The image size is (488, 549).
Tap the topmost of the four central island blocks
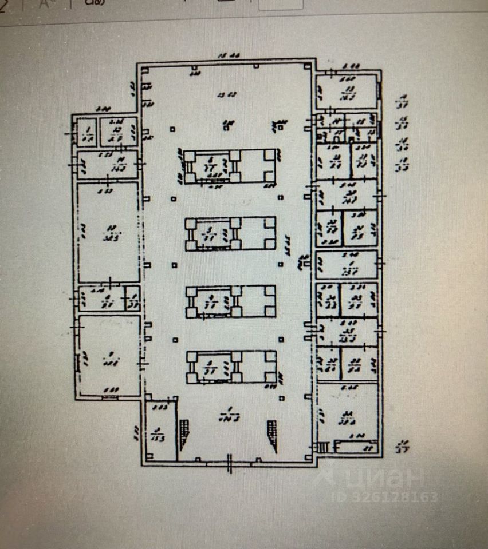(229, 166)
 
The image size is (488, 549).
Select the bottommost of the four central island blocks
(230, 367)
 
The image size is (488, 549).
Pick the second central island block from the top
(230, 233)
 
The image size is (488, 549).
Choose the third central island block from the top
(230, 301)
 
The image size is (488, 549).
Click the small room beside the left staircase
(160, 432)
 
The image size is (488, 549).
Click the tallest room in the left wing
(108, 232)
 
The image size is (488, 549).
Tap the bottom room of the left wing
(108, 356)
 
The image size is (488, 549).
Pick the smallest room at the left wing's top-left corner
(87, 132)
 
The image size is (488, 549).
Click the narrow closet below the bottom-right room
(356, 447)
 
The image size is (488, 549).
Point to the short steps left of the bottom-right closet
(324, 447)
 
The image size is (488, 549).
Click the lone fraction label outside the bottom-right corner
(403, 445)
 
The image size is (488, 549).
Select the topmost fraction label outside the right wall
(403, 103)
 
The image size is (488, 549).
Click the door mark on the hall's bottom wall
(230, 462)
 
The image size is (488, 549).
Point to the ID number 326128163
(384, 497)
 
